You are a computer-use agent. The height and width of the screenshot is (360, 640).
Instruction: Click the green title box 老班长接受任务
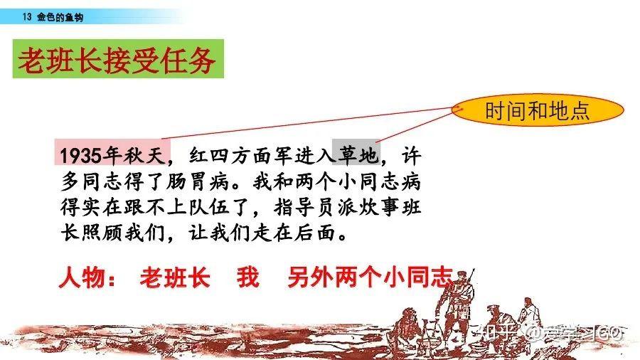click(118, 59)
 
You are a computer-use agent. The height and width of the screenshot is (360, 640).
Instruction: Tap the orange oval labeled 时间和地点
click(538, 110)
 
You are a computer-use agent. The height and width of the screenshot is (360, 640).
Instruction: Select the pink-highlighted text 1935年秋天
click(112, 152)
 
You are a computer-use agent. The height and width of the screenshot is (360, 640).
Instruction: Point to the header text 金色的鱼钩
click(60, 17)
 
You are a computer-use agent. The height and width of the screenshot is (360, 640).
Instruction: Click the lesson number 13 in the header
click(27, 17)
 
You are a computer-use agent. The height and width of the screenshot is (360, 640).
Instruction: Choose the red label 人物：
click(87, 277)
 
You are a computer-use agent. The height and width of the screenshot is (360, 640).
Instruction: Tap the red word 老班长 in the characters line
click(175, 277)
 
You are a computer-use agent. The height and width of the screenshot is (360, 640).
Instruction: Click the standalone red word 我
click(248, 277)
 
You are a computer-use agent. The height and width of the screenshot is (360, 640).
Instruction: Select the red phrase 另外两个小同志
click(370, 277)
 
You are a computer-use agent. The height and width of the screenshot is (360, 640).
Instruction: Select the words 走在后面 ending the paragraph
click(294, 233)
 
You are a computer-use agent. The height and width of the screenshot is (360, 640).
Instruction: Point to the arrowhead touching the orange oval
click(459, 109)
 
